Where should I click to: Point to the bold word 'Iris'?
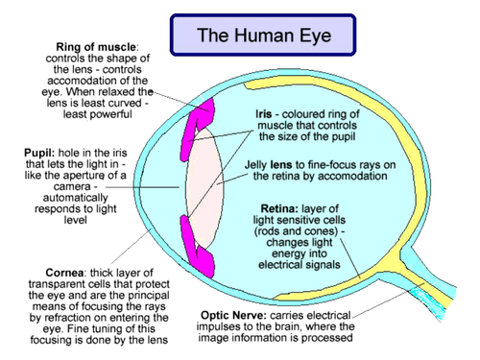[266, 113]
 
